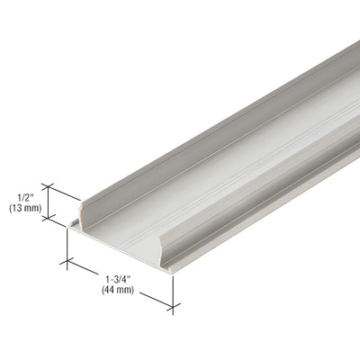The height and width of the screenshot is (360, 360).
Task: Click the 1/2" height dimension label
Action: (26, 193)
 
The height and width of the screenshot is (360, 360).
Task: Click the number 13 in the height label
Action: (19, 207)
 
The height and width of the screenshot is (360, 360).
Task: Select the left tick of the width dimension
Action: (66, 262)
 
